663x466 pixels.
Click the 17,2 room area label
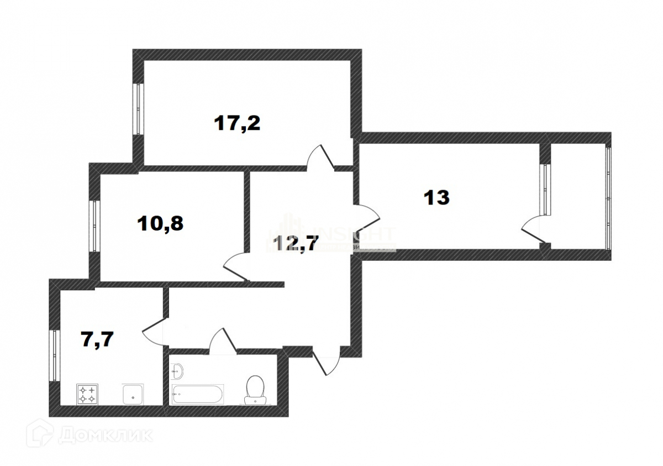pyautogui.click(x=237, y=123)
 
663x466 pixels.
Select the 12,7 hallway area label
pyautogui.click(x=296, y=243)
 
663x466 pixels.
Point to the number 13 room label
pyautogui.click(x=436, y=197)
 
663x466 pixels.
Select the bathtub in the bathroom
pyautogui.click(x=198, y=394)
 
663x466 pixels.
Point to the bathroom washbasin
pyautogui.click(x=177, y=370)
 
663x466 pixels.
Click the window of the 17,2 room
pyautogui.click(x=138, y=108)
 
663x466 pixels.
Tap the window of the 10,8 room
pyautogui.click(x=94, y=226)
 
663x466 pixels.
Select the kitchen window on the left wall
pyautogui.click(x=54, y=355)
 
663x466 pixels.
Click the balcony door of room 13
pyautogui.click(x=533, y=229)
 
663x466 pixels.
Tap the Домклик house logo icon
pyautogui.click(x=41, y=434)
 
